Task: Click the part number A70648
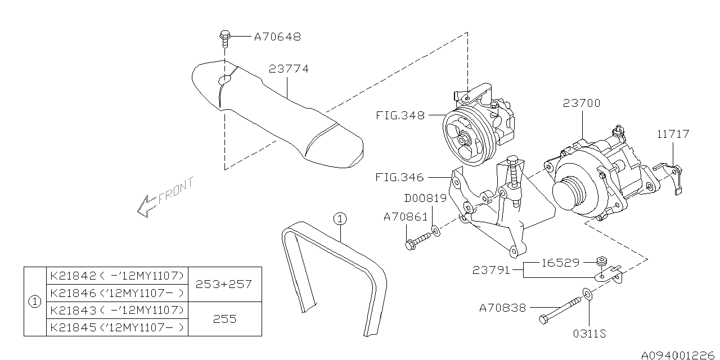tap(277, 37)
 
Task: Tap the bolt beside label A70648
tap(224, 37)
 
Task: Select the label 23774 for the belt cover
tap(289, 69)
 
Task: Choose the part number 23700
tap(581, 103)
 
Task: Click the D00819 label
tap(425, 198)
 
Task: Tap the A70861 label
tap(405, 217)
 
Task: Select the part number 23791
tap(492, 270)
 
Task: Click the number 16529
tap(560, 262)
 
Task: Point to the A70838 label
tap(502, 308)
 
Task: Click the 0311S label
tap(589, 334)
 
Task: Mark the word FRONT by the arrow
tap(175, 191)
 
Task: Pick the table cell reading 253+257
tap(224, 284)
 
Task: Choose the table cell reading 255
tap(224, 319)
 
